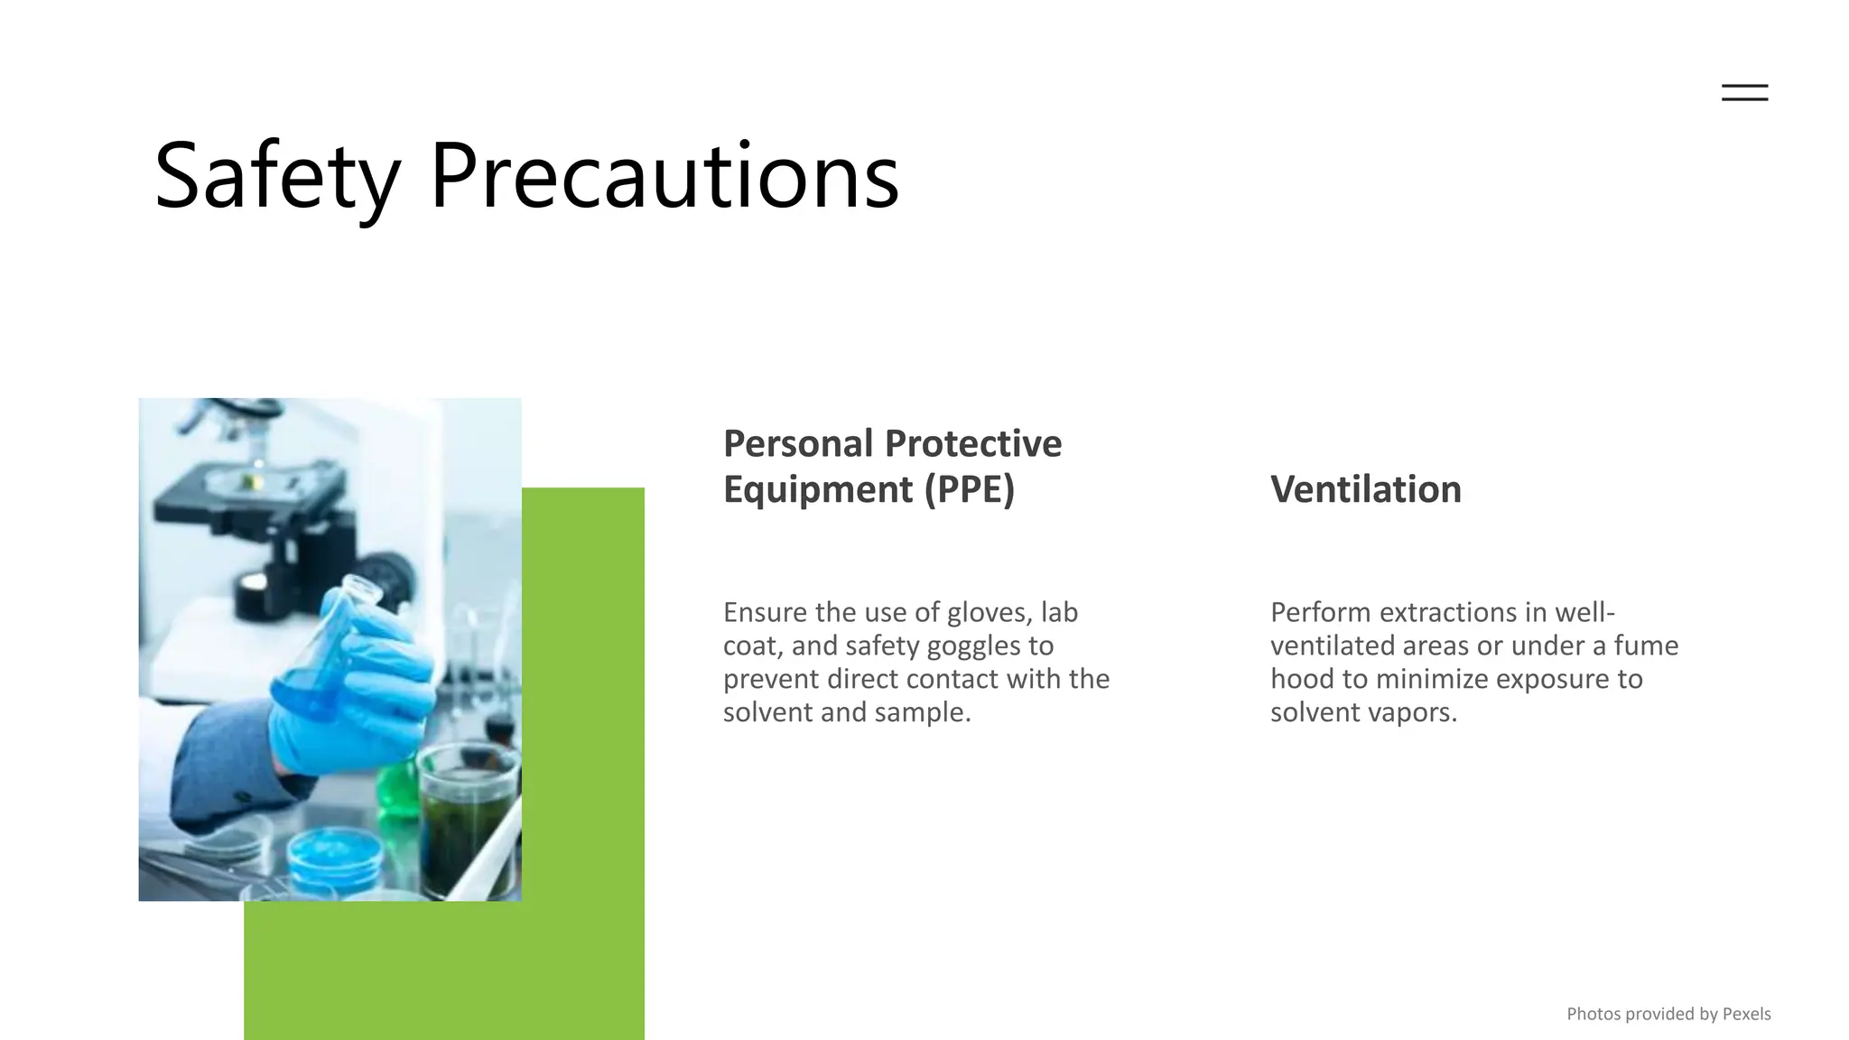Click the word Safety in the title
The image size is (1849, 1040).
click(276, 176)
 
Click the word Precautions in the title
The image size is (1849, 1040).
click(664, 176)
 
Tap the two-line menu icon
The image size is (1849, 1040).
click(1744, 92)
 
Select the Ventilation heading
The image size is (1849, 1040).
click(1365, 489)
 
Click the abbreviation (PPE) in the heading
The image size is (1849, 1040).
click(969, 489)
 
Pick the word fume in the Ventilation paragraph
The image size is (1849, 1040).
click(1646, 646)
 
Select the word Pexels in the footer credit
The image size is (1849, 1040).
click(1746, 1014)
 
